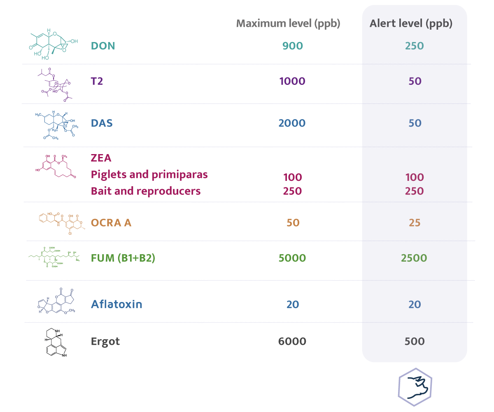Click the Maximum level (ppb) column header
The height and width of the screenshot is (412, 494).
pyautogui.click(x=288, y=23)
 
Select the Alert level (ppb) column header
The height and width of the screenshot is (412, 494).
pyautogui.click(x=411, y=23)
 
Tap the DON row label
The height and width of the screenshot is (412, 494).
pyautogui.click(x=103, y=46)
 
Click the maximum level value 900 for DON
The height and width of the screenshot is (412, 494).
pyautogui.click(x=293, y=46)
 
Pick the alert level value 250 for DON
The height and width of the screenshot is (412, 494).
pyautogui.click(x=415, y=46)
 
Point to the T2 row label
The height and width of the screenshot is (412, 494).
pyautogui.click(x=97, y=81)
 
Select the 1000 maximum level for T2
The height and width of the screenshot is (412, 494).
pyautogui.click(x=292, y=81)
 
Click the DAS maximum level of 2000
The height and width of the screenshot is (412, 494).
pyautogui.click(x=292, y=123)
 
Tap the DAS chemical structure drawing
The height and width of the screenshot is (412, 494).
pyautogui.click(x=56, y=125)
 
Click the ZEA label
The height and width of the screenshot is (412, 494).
pyautogui.click(x=101, y=158)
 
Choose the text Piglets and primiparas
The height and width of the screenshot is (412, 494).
pyautogui.click(x=149, y=175)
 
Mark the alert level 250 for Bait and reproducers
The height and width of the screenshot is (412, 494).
pyautogui.click(x=415, y=191)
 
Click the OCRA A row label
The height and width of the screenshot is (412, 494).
pyautogui.click(x=111, y=223)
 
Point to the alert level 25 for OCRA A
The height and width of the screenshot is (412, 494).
pyautogui.click(x=415, y=223)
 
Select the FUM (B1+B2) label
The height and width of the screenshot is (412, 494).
pyautogui.click(x=123, y=258)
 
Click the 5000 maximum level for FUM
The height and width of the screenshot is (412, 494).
pyautogui.click(x=292, y=258)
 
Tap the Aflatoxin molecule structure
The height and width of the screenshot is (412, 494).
pyautogui.click(x=56, y=301)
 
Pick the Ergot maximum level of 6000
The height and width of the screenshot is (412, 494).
pyautogui.click(x=292, y=342)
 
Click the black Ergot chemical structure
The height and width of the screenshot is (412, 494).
pyautogui.click(x=56, y=342)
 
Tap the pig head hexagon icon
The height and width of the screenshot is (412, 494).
pyautogui.click(x=415, y=387)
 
